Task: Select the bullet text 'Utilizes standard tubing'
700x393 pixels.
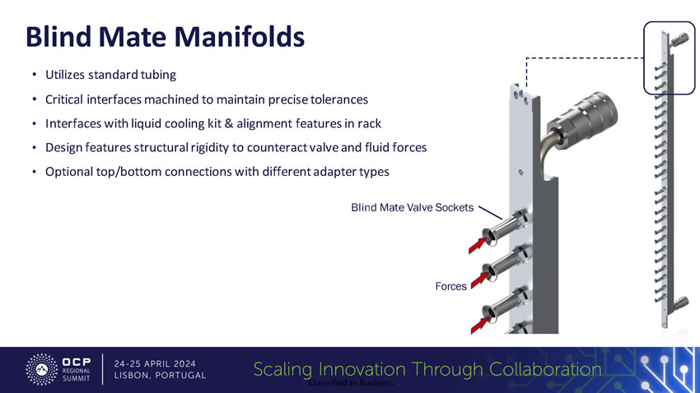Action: (x=110, y=75)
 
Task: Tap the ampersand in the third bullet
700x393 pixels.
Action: (x=229, y=123)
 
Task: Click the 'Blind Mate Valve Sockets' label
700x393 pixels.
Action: (x=412, y=208)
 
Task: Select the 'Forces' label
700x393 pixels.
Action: (x=451, y=286)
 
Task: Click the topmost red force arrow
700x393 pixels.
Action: (x=477, y=246)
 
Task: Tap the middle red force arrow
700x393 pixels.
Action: (x=479, y=280)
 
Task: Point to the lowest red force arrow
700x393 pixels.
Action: (x=479, y=325)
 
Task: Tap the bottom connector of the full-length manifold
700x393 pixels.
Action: (x=679, y=304)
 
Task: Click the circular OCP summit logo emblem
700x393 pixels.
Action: (x=41, y=369)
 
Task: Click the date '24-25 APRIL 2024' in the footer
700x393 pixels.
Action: (x=155, y=364)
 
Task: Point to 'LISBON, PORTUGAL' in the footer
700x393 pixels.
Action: (x=161, y=376)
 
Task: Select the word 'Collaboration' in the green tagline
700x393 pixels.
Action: (x=545, y=369)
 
